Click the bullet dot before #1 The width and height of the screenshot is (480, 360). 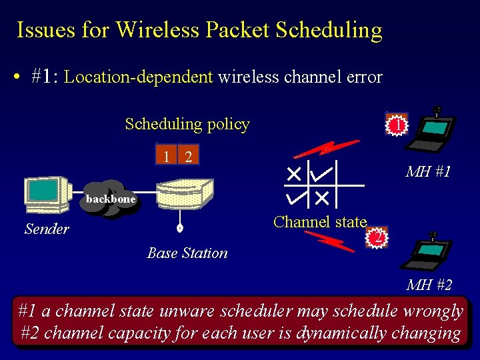pos(17,77)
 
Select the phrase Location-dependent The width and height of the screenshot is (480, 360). pos(139,77)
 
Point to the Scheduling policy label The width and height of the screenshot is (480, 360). pos(187,124)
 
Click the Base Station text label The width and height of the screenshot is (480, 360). pos(187,253)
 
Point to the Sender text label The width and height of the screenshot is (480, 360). pos(47,229)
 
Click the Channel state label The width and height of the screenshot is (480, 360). pos(320,222)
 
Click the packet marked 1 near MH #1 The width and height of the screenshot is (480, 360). pos(397,125)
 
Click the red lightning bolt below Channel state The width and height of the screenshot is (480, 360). pos(330,241)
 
